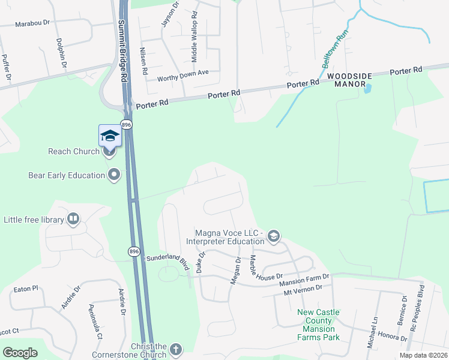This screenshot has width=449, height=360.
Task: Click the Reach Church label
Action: tap(74, 151)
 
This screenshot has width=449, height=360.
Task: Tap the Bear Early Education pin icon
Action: tap(114, 175)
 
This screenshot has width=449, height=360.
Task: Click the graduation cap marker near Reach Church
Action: tap(110, 136)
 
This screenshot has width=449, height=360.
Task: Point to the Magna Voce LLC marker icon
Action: tap(274, 236)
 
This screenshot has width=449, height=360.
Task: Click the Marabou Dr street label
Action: tap(32, 24)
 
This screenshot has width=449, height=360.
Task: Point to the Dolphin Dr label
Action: tap(60, 53)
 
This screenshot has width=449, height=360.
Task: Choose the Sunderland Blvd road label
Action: tap(172, 263)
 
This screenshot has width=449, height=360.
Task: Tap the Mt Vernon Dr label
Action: tap(304, 288)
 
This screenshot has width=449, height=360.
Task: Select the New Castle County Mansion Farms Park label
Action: tap(318, 325)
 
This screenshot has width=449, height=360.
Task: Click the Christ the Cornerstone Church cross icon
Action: tap(176, 349)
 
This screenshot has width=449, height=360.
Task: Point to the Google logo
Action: tap(20, 353)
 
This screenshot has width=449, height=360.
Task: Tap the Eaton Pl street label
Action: tap(25, 289)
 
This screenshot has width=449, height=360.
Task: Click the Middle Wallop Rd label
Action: tap(194, 38)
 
